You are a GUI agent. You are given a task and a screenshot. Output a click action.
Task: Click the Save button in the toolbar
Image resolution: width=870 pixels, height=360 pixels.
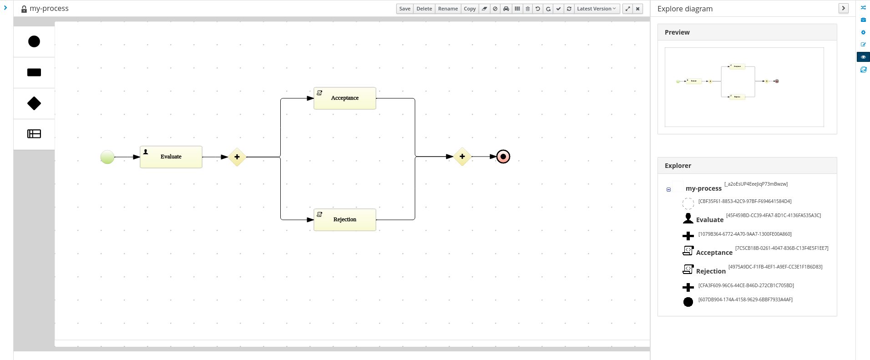(405, 9)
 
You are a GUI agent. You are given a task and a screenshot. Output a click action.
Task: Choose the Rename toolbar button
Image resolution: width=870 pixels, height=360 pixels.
(448, 9)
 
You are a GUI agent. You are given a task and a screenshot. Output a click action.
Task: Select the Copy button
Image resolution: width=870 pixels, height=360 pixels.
(470, 9)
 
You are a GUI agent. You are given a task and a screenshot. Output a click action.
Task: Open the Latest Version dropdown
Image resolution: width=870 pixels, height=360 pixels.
(596, 9)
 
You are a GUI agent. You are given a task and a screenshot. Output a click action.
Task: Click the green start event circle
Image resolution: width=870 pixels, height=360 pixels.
(107, 157)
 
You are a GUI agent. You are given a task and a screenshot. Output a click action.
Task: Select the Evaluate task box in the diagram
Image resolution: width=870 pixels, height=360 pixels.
(171, 157)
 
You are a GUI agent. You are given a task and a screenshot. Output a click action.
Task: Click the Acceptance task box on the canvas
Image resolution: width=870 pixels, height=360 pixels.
(345, 98)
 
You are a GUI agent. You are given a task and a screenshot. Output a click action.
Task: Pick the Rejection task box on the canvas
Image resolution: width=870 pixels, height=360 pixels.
(345, 220)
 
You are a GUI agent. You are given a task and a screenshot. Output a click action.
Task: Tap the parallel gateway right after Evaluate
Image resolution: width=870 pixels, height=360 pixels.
(237, 157)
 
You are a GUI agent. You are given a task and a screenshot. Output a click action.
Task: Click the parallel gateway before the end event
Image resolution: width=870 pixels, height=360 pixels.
(462, 157)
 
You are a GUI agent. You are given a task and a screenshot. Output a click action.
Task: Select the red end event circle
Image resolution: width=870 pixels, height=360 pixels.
(503, 157)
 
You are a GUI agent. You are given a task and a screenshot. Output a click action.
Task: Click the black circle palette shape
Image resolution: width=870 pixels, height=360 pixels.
(34, 41)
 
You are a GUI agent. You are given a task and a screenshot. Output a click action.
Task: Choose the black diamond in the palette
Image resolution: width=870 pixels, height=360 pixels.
(34, 103)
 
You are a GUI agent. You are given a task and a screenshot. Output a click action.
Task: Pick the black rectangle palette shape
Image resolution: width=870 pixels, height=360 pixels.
(34, 72)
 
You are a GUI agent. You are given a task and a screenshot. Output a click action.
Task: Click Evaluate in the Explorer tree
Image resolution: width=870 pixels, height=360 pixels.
(709, 220)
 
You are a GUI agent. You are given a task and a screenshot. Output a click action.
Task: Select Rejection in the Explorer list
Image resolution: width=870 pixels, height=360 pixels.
(711, 271)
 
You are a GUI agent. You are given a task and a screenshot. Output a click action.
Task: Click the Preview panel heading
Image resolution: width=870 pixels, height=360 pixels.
(677, 32)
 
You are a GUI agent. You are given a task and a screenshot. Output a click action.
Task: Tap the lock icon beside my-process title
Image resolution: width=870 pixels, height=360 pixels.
(24, 9)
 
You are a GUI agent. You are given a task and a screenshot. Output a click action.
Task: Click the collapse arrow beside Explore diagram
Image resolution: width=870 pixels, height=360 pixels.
(843, 8)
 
